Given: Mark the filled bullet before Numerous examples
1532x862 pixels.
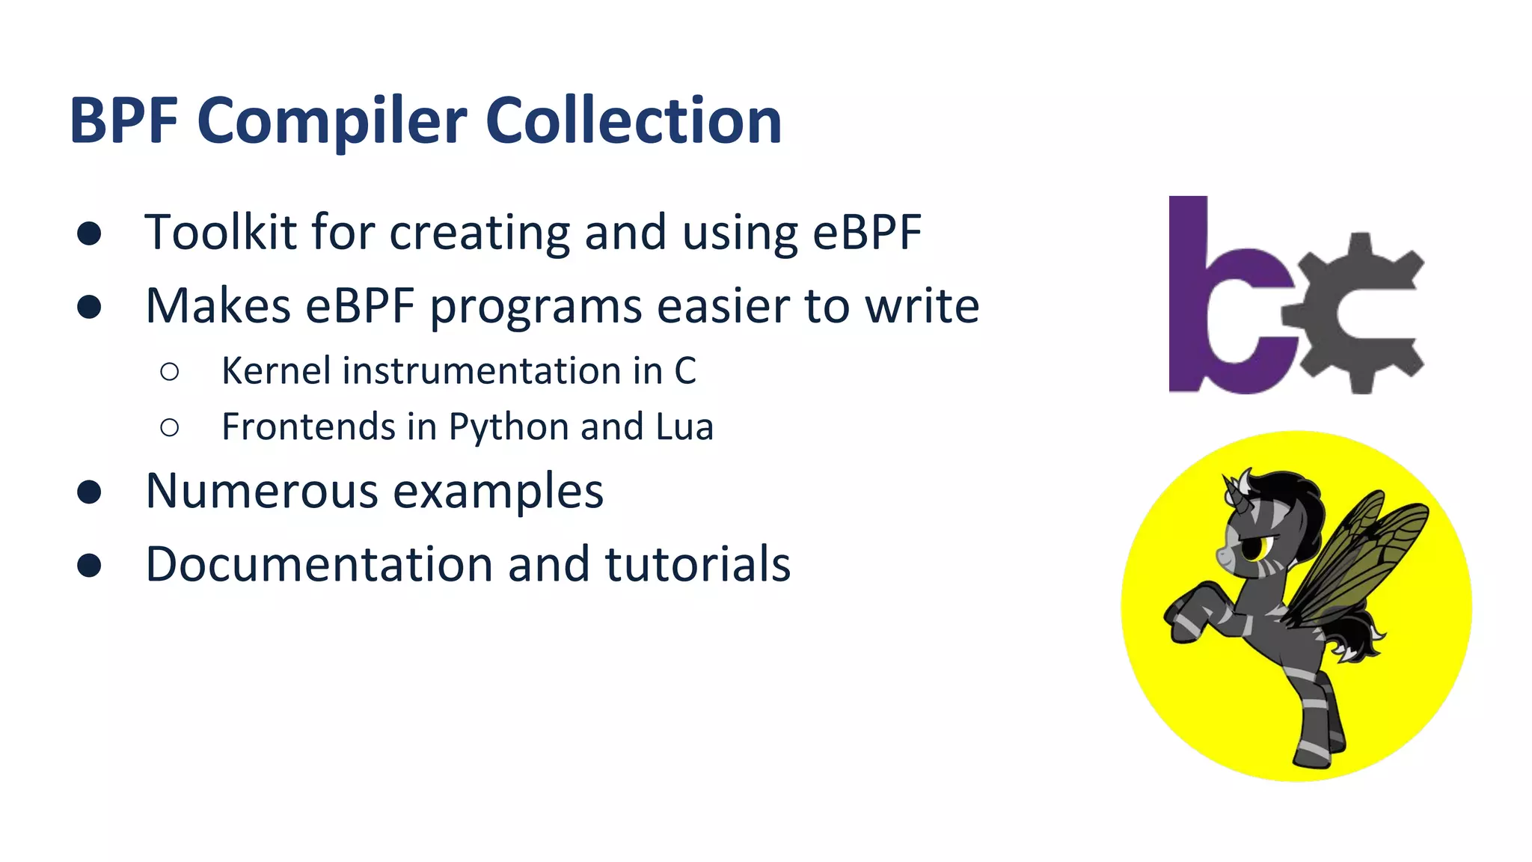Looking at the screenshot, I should (x=89, y=492).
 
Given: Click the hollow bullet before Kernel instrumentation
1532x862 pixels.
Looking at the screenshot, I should (x=170, y=371).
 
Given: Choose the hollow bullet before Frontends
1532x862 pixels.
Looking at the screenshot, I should (x=170, y=427).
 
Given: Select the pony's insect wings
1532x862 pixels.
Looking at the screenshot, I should (x=1354, y=557).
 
